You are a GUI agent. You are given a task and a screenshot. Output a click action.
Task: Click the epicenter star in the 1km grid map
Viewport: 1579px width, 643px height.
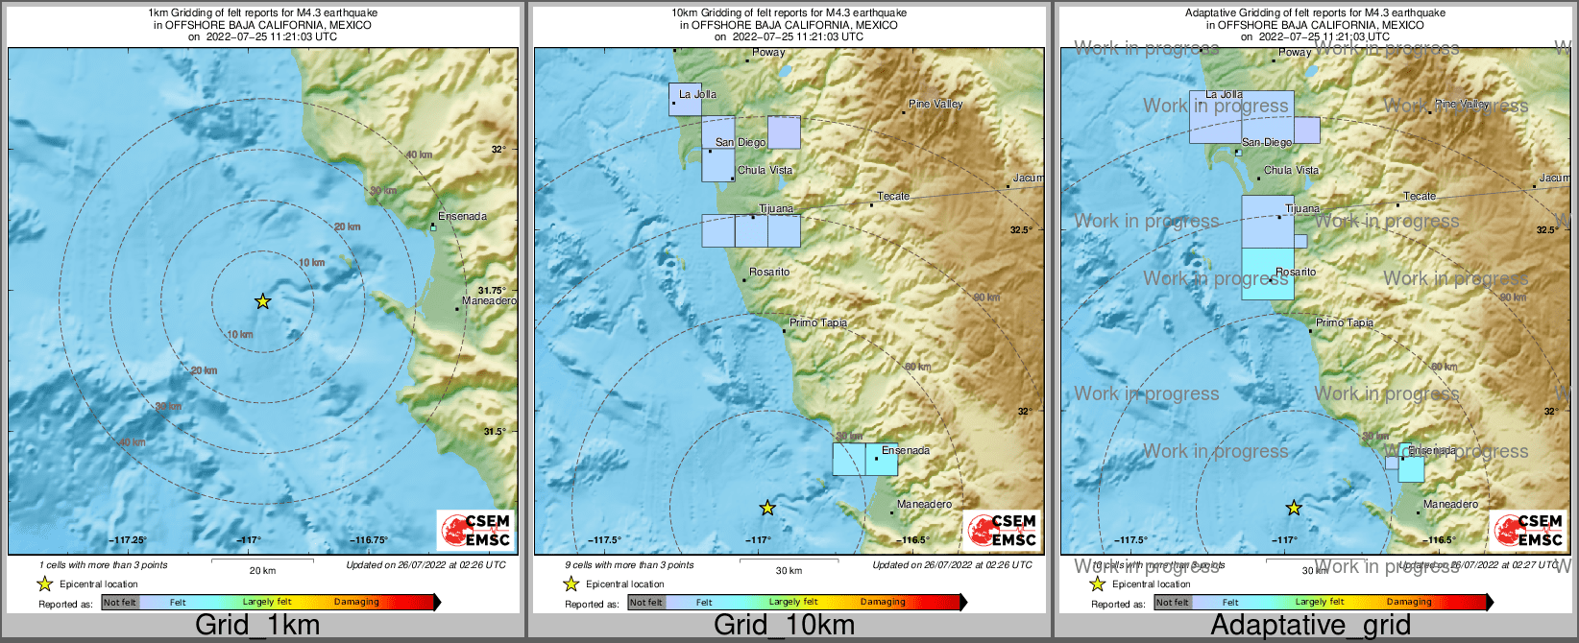coord(262,301)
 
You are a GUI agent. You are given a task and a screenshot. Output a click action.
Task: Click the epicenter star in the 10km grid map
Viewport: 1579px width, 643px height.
coord(766,508)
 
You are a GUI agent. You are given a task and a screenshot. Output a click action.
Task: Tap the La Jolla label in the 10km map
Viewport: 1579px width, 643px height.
coord(697,94)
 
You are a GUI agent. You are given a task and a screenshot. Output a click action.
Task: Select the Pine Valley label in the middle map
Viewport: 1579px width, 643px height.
coord(935,104)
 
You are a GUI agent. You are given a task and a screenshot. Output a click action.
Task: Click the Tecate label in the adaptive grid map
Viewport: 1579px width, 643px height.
coord(1420,196)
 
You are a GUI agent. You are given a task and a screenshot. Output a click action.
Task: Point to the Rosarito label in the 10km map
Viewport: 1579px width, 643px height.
coord(769,273)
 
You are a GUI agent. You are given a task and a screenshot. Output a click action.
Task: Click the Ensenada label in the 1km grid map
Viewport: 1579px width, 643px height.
coord(462,216)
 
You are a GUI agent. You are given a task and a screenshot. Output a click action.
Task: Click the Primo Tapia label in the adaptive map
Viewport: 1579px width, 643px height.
coord(1344,323)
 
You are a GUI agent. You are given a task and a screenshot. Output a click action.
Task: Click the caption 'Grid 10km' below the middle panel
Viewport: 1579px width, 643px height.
coord(784,626)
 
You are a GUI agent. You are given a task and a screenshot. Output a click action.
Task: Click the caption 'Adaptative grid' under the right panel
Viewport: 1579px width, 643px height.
coord(1310,626)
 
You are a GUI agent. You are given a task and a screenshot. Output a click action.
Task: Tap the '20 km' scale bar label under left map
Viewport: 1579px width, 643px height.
coord(262,571)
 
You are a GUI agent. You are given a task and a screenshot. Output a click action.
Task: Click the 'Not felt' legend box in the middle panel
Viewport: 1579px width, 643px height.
coord(646,603)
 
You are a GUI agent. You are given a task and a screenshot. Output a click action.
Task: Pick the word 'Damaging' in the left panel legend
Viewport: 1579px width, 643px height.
coord(356,602)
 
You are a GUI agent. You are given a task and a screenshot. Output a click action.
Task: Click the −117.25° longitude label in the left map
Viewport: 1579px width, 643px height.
coord(128,540)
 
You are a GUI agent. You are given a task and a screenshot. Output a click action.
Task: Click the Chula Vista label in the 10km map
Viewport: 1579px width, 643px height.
coord(765,170)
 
